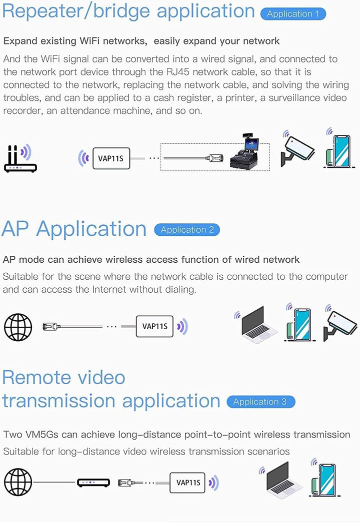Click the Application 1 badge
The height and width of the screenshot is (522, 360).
[x=293, y=13]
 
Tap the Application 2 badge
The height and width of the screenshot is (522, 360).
[x=187, y=230]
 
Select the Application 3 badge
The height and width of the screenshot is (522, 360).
[x=261, y=402]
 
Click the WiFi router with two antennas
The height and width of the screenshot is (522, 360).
[x=20, y=159]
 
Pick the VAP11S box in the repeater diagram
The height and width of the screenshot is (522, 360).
[x=111, y=158]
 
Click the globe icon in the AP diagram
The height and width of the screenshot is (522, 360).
[x=18, y=327]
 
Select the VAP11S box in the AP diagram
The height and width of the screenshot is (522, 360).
[x=154, y=326]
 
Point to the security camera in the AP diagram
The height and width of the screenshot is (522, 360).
[x=339, y=324]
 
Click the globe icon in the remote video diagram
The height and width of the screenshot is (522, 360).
[x=18, y=482]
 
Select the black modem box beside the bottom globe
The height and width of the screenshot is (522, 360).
[x=93, y=483]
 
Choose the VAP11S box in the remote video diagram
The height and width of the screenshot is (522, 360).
[x=187, y=483]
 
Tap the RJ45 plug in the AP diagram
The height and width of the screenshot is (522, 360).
[x=51, y=327]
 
